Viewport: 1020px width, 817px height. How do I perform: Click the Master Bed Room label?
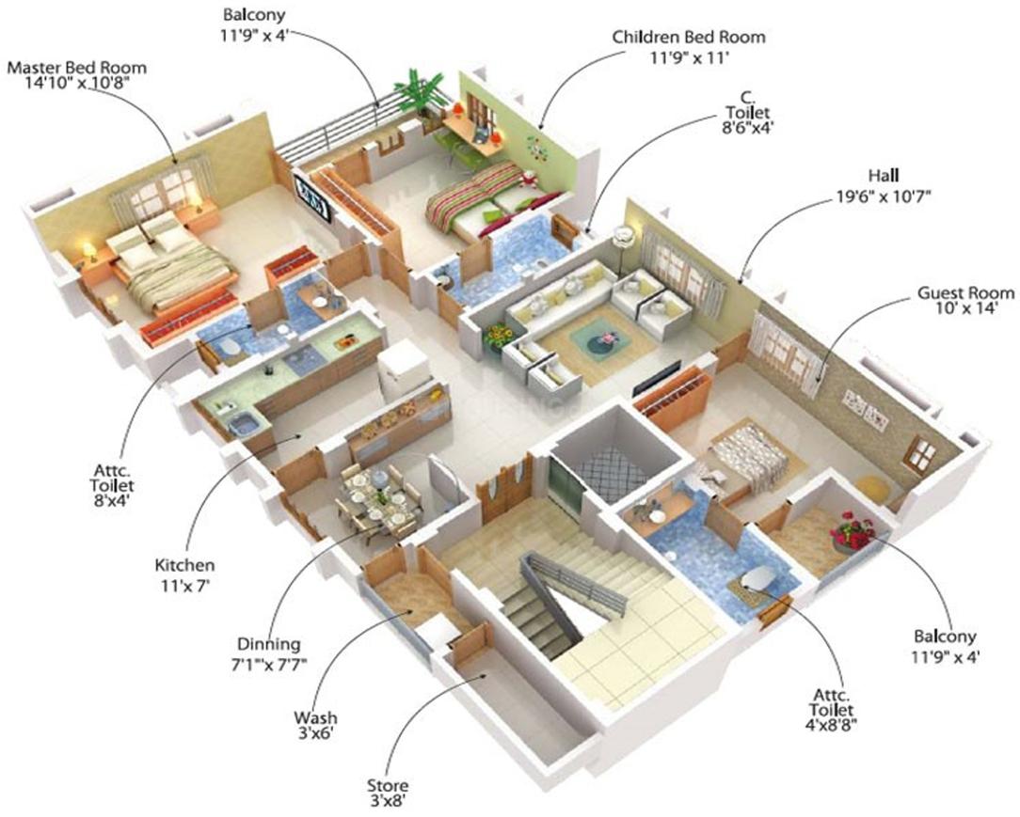click(x=77, y=68)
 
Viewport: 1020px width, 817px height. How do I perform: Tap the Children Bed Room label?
click(x=689, y=37)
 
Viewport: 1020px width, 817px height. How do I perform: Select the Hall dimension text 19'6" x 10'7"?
click(x=885, y=196)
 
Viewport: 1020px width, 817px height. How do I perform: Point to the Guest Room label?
click(x=965, y=293)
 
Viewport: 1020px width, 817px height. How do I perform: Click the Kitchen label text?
click(x=184, y=565)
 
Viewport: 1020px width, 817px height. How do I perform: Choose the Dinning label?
click(x=269, y=645)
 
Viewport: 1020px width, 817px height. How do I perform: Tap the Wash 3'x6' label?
click(x=315, y=726)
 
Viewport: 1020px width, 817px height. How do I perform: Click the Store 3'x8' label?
click(x=389, y=793)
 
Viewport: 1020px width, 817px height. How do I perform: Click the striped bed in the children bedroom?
click(x=487, y=198)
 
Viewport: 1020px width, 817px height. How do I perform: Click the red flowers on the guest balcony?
click(x=853, y=529)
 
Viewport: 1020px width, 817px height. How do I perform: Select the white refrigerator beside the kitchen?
click(x=404, y=372)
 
